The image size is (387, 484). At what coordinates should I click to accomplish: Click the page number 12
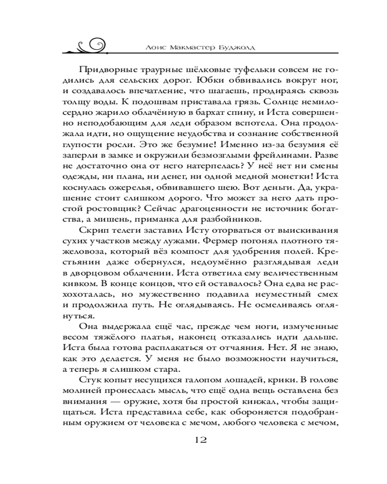coord(200,440)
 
